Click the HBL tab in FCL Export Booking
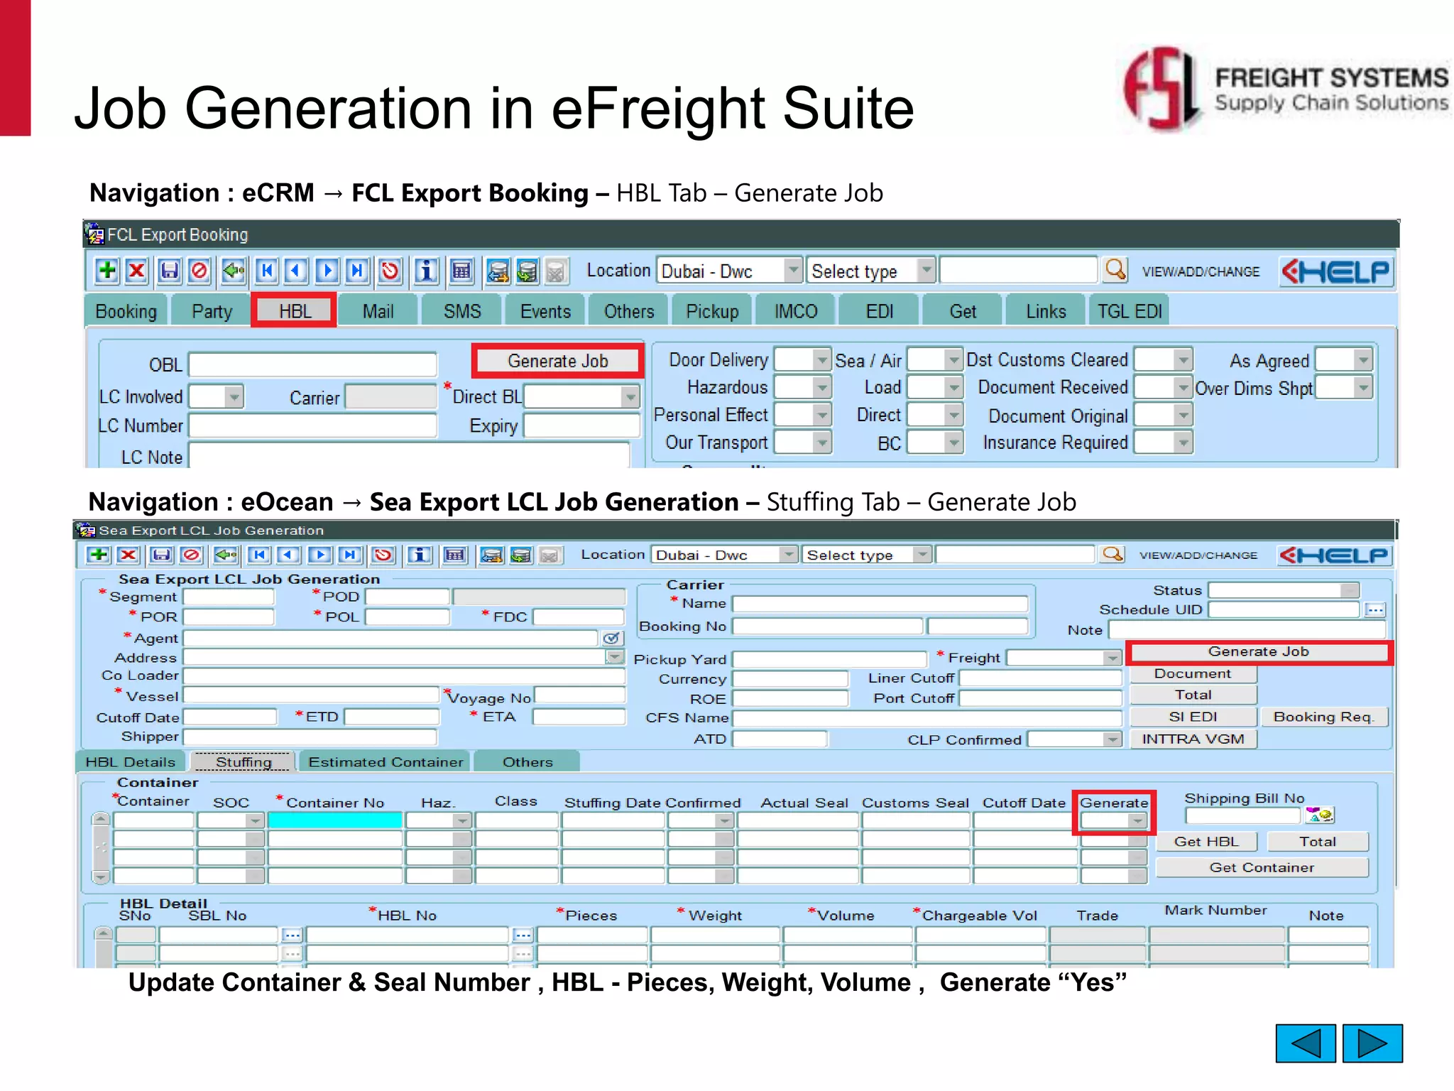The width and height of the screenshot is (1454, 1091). (x=294, y=311)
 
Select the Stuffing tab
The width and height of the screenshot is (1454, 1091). (x=244, y=762)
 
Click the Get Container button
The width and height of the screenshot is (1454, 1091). (x=1261, y=867)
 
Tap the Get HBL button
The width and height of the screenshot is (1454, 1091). (x=1206, y=842)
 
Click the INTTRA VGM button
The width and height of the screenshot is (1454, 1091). (x=1193, y=739)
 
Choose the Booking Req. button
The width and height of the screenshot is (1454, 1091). (x=1323, y=717)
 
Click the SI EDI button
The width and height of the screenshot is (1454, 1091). (x=1193, y=717)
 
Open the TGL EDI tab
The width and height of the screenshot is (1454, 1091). (x=1129, y=312)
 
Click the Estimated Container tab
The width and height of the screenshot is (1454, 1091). (x=386, y=762)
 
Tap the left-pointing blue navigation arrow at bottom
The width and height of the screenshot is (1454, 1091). (x=1305, y=1043)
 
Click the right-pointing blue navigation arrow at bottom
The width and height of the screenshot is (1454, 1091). (x=1372, y=1043)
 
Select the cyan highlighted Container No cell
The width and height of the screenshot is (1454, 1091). (x=335, y=820)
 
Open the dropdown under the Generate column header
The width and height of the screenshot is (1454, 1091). (x=1137, y=821)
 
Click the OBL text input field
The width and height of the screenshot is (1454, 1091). (x=312, y=365)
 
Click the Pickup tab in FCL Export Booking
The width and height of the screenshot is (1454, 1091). (x=712, y=312)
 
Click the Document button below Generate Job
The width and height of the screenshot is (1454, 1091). (x=1193, y=674)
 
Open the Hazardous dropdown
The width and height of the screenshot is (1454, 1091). (x=821, y=388)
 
